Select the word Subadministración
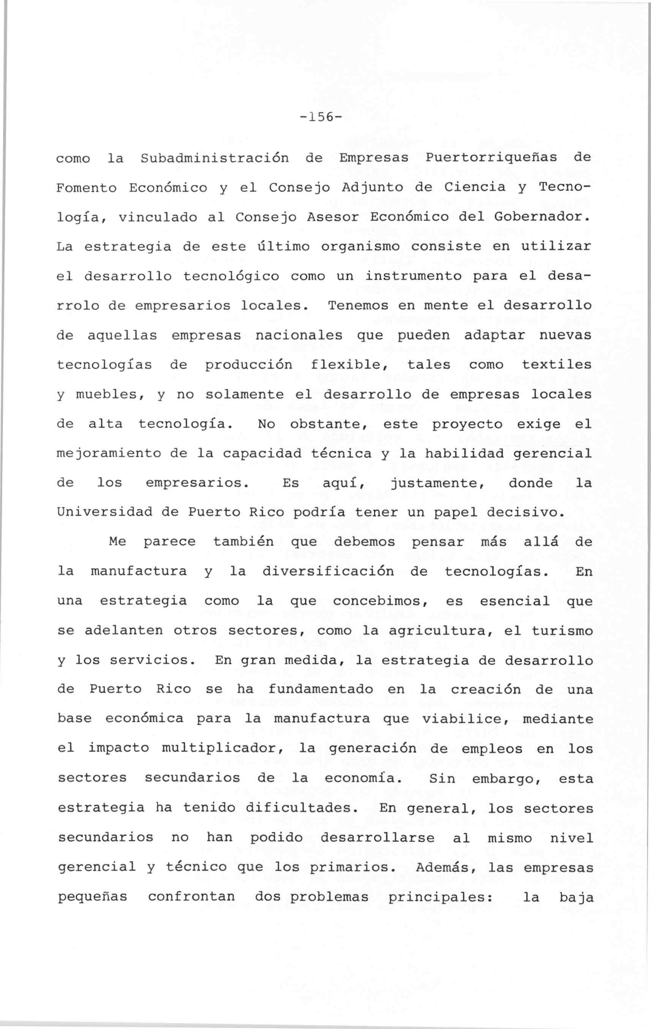tap(215, 158)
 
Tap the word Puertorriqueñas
tap(491, 158)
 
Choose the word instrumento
tap(414, 277)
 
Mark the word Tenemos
tap(359, 306)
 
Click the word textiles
tap(557, 365)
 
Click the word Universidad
tap(105, 512)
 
